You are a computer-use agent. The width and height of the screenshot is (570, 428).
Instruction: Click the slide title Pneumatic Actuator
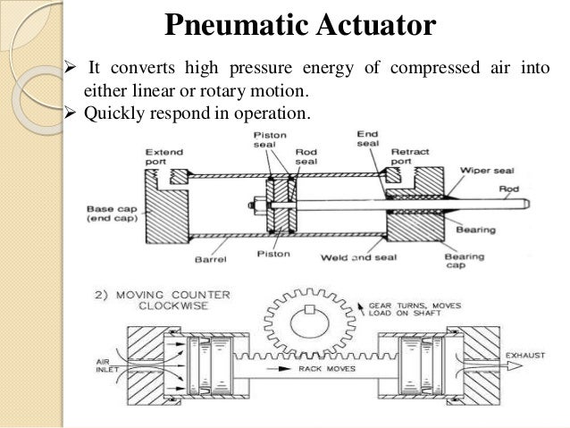tap(300, 25)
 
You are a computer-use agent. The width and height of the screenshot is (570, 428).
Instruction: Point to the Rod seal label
tap(306, 158)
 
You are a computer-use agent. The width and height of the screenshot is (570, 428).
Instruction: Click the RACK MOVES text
tap(328, 367)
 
